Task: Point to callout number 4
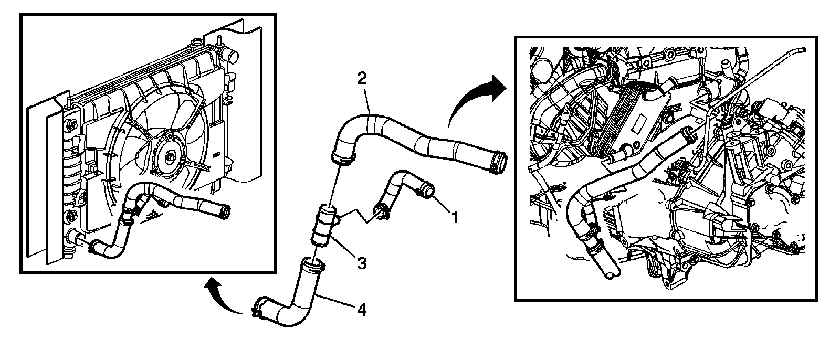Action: (361, 310)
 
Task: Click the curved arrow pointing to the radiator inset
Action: (223, 297)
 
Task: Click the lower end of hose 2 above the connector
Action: (342, 156)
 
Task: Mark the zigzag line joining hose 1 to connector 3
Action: (357, 215)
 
